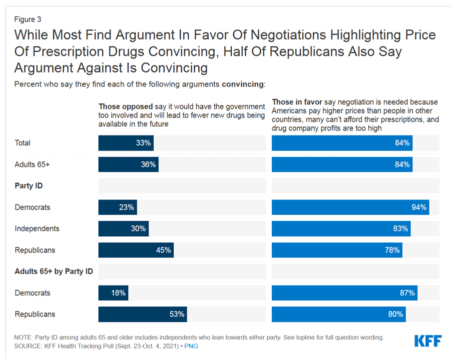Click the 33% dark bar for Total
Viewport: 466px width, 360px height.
pos(126,143)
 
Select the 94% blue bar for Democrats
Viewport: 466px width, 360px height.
pos(350,207)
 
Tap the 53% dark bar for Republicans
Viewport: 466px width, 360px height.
pos(142,314)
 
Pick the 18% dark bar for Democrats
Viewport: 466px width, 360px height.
pos(113,293)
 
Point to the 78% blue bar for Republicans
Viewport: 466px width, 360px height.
pos(337,250)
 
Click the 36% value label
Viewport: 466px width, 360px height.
pos(148,164)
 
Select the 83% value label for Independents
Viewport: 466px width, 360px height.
pos(400,228)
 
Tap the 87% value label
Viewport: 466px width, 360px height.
pos(407,293)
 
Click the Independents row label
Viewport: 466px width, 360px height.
pos(37,228)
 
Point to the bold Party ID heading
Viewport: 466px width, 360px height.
pos(28,186)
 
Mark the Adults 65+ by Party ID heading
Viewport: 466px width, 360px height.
pos(54,271)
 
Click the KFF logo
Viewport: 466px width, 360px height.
pos(428,341)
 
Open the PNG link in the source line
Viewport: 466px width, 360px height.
pos(191,346)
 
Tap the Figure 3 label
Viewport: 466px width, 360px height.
pos(28,19)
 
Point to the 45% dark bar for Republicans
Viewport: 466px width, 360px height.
pos(136,250)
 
